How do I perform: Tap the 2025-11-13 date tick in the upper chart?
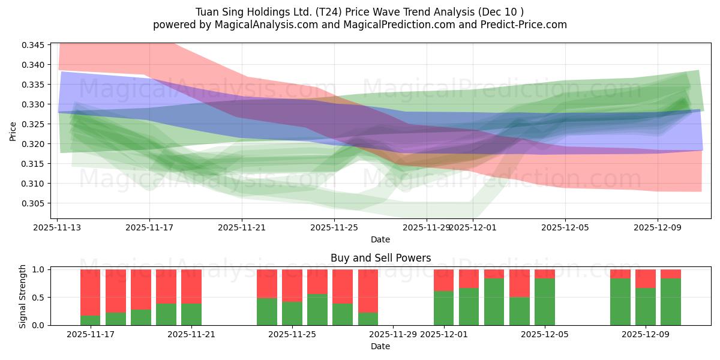coord(57,227)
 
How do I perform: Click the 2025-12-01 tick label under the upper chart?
coord(473,227)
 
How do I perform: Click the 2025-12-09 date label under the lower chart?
coord(646,334)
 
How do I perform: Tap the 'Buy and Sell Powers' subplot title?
coord(380,259)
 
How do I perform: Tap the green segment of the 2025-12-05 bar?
coord(545,302)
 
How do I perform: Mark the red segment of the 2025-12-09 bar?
coord(646,278)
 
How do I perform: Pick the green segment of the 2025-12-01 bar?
coord(444,308)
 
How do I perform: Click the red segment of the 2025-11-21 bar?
coord(191,286)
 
